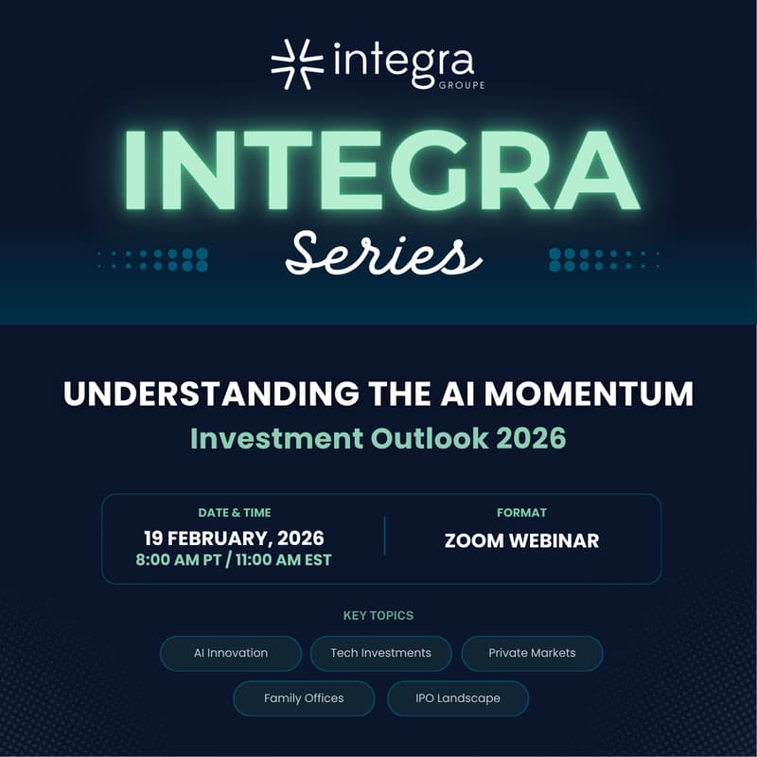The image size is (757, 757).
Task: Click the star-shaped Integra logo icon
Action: pyautogui.click(x=290, y=64)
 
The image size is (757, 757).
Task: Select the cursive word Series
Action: pyautogui.click(x=377, y=254)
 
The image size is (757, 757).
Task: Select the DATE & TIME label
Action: pyautogui.click(x=235, y=513)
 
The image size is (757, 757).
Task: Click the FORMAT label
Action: pyautogui.click(x=521, y=513)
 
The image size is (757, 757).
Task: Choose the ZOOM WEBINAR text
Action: pyautogui.click(x=521, y=541)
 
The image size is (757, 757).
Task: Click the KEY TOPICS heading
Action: pyautogui.click(x=378, y=616)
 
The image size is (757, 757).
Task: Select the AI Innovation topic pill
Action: pyautogui.click(x=231, y=653)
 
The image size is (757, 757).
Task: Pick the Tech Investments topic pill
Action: pyautogui.click(x=381, y=653)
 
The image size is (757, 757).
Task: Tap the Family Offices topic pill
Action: pyautogui.click(x=304, y=698)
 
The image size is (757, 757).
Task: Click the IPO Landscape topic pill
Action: pyautogui.click(x=457, y=698)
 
